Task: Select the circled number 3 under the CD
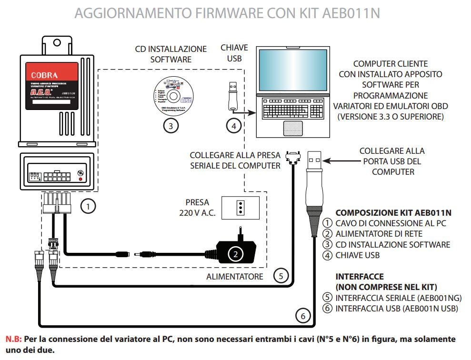[170, 126]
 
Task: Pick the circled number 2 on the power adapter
[233, 253]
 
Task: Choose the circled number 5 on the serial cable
[281, 275]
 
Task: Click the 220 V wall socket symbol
[241, 208]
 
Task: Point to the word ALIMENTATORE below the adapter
[235, 277]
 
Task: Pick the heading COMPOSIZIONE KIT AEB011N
[393, 213]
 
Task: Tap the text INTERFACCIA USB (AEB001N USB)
[397, 309]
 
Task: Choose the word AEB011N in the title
[352, 13]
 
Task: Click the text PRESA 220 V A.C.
[198, 208]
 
